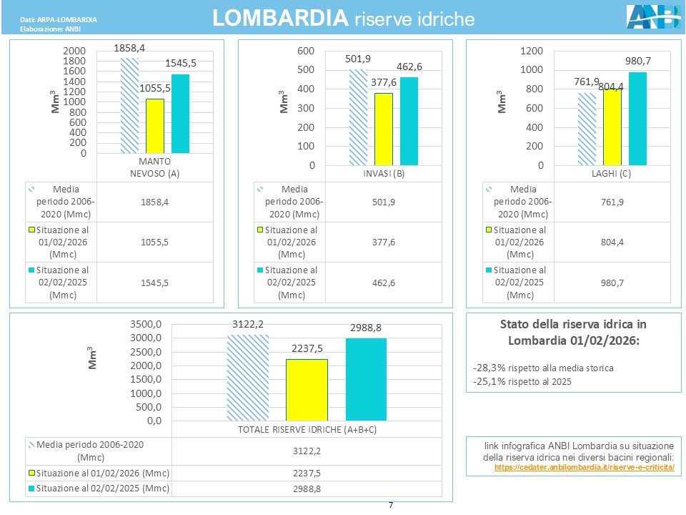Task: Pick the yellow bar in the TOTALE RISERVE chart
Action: pos(307,390)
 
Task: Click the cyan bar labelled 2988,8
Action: pos(366,379)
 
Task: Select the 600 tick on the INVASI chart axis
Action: pos(305,51)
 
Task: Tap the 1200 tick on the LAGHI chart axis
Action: pos(531,51)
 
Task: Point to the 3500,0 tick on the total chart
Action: pos(146,324)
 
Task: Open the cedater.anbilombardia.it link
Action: pos(584,466)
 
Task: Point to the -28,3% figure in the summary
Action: pos(489,368)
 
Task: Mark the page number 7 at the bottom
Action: pos(391,506)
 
